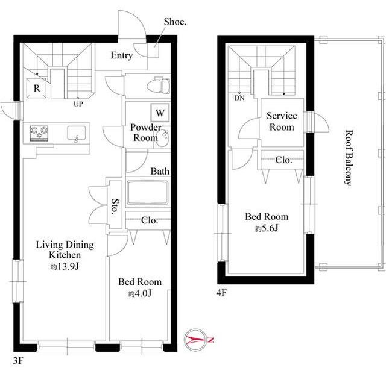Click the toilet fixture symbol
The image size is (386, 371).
pos(158,86)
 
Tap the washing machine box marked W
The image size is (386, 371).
pos(160,113)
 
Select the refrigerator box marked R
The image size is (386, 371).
pos(36,88)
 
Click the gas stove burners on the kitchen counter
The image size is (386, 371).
pos(39,133)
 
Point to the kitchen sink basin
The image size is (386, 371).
pos(77,134)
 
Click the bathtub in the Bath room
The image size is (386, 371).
pos(148,193)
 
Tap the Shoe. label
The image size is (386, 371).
pos(175,22)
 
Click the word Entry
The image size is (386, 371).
pos(122,55)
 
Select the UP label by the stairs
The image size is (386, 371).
pos(78,104)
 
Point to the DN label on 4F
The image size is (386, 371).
pos(239,98)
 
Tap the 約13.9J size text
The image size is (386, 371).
pos(65,267)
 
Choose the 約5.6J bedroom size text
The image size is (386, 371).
pos(267,229)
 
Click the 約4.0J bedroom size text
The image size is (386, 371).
pos(139,293)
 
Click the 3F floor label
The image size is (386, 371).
pos(18,361)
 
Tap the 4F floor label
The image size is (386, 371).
pos(221,293)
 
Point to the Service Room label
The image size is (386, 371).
pos(282,122)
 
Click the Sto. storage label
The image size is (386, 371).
pos(115,206)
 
